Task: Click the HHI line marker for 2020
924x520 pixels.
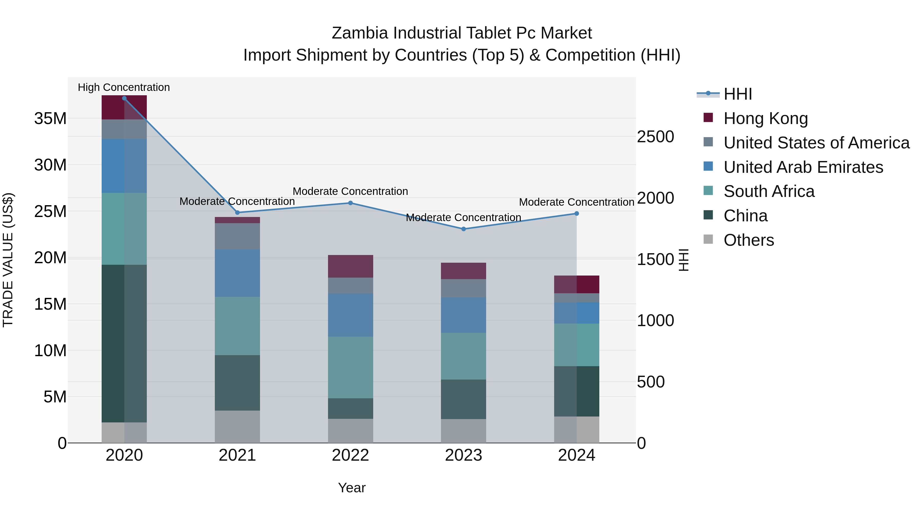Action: tap(124, 98)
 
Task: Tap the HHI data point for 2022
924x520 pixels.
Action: tap(350, 203)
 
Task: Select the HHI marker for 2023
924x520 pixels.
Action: tap(464, 229)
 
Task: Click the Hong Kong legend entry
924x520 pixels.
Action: tap(765, 118)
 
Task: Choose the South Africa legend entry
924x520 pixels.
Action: tap(769, 191)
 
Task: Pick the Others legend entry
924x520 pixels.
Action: tap(749, 240)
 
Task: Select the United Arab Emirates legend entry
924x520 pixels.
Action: tap(803, 167)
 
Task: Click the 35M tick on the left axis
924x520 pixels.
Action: tap(50, 118)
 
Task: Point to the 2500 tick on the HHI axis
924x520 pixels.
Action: tap(655, 137)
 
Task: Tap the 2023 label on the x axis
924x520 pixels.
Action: tap(464, 455)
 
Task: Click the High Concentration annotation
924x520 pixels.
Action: tap(124, 88)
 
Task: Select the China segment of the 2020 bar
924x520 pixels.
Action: tap(124, 343)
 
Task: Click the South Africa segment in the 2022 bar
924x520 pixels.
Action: tap(350, 367)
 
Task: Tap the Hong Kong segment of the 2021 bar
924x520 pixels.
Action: tap(237, 220)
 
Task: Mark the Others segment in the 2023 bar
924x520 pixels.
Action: tap(464, 431)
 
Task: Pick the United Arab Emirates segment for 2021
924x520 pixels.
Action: tap(237, 273)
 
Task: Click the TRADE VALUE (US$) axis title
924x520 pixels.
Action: tap(8, 260)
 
